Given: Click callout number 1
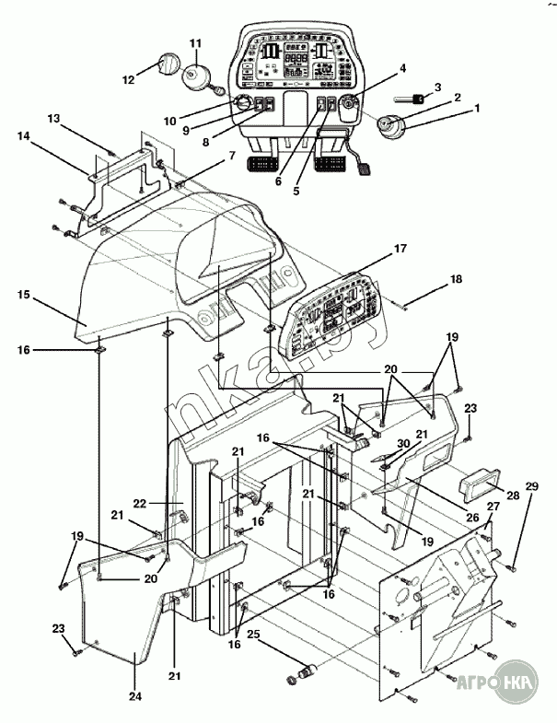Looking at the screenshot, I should click(478, 108).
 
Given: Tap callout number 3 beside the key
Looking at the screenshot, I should click(437, 87).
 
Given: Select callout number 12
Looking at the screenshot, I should click(129, 79).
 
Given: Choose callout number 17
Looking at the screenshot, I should click(400, 249).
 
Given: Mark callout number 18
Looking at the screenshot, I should click(456, 277).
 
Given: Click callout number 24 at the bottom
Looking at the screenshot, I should click(135, 696).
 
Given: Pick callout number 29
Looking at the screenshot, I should click(531, 485).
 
